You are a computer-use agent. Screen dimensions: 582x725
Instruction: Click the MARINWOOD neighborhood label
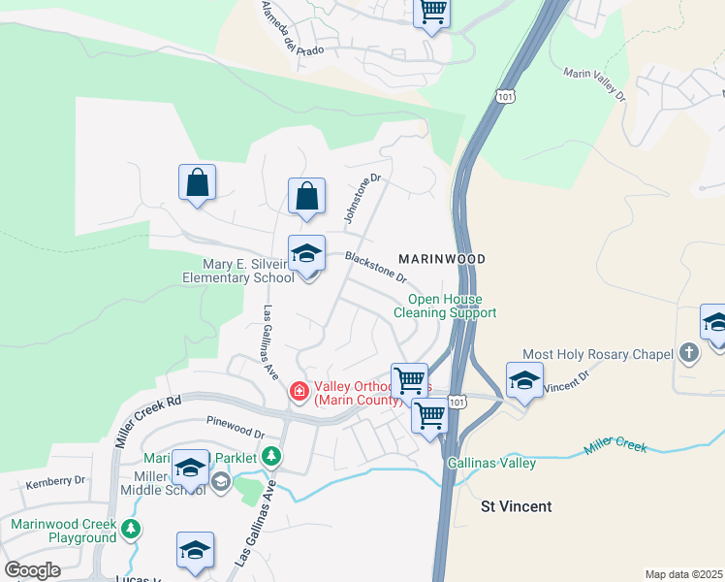[441, 260]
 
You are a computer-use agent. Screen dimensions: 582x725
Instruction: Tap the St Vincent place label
[517, 506]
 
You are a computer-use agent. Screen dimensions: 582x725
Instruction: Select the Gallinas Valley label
[491, 463]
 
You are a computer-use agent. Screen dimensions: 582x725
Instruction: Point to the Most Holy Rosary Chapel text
[597, 355]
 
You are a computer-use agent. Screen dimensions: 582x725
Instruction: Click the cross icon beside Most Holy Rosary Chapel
[688, 353]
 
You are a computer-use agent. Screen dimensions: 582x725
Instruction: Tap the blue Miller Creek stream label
[615, 447]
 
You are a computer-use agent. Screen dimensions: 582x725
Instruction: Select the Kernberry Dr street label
[56, 481]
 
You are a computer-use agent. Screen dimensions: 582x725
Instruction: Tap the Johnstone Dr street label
[363, 198]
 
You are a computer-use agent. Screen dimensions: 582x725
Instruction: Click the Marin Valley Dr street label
[594, 83]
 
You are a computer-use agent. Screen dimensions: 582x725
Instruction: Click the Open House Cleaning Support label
[445, 307]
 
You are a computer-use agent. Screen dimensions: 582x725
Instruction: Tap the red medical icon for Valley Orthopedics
[299, 392]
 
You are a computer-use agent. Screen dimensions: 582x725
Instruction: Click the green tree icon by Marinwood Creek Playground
[131, 531]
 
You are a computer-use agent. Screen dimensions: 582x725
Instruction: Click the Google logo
[32, 570]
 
